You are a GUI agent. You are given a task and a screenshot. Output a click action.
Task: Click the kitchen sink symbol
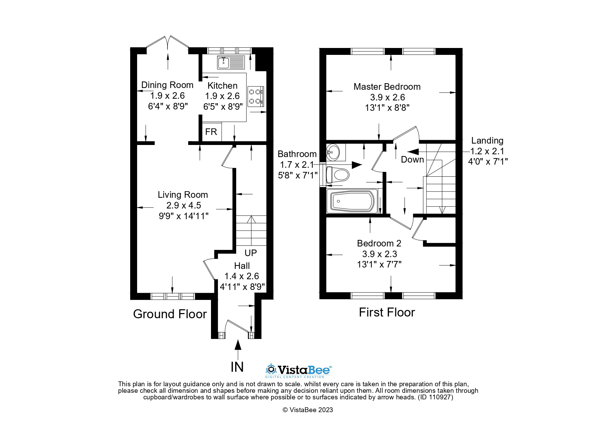(231, 62)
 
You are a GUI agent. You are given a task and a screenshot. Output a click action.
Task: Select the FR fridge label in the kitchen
(211, 132)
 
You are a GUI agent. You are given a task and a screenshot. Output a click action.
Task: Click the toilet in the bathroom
(337, 175)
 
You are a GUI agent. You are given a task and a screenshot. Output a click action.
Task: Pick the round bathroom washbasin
(333, 152)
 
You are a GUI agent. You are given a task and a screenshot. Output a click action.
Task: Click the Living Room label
(183, 195)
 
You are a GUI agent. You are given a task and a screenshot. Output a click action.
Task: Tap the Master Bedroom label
(387, 87)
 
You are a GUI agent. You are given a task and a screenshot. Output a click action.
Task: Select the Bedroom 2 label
(379, 243)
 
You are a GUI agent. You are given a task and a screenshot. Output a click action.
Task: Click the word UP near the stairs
(251, 253)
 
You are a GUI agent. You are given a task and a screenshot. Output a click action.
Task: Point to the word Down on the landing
(412, 159)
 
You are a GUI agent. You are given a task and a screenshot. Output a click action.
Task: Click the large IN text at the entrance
(237, 367)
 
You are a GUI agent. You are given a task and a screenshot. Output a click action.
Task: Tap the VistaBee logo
(299, 370)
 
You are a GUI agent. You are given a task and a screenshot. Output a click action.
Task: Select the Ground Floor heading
(170, 314)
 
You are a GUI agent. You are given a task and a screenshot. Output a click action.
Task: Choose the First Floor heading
(387, 312)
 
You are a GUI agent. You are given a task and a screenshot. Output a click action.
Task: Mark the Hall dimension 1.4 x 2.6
(241, 276)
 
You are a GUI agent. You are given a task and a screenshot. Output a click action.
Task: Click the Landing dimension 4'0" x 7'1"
(488, 161)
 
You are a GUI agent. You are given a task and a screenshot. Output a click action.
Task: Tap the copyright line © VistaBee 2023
(308, 410)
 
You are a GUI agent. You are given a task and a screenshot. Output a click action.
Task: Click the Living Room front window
(173, 296)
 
